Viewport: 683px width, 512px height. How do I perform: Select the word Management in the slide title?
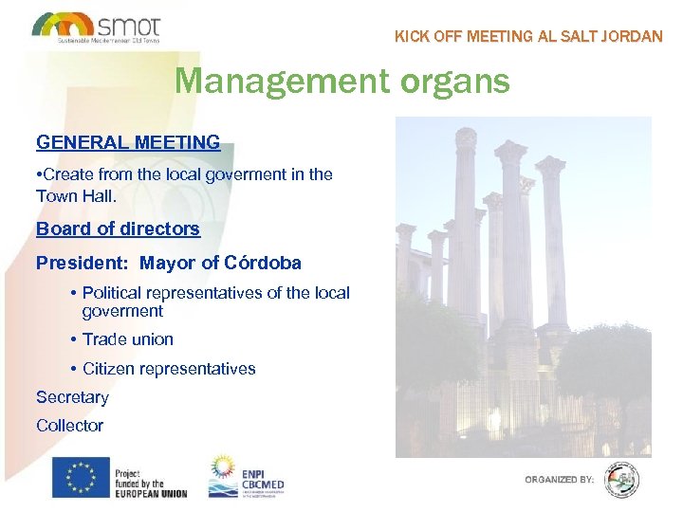pyautogui.click(x=278, y=81)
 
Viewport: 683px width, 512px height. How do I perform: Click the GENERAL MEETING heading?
pyautogui.click(x=128, y=143)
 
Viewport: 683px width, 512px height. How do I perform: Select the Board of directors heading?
pyautogui.click(x=118, y=229)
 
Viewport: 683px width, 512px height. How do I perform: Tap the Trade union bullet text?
pyautogui.click(x=128, y=338)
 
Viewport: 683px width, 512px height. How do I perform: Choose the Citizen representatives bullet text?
pyautogui.click(x=169, y=368)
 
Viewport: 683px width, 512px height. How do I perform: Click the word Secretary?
pyautogui.click(x=72, y=397)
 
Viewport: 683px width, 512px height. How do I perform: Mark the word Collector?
pyautogui.click(x=69, y=426)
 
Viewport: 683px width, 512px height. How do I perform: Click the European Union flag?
pyautogui.click(x=81, y=477)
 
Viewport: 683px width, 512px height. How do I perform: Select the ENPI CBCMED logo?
pyautogui.click(x=247, y=477)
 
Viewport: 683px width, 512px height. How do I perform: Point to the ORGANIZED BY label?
pyautogui.click(x=560, y=480)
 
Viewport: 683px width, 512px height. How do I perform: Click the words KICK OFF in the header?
pyautogui.click(x=426, y=37)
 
